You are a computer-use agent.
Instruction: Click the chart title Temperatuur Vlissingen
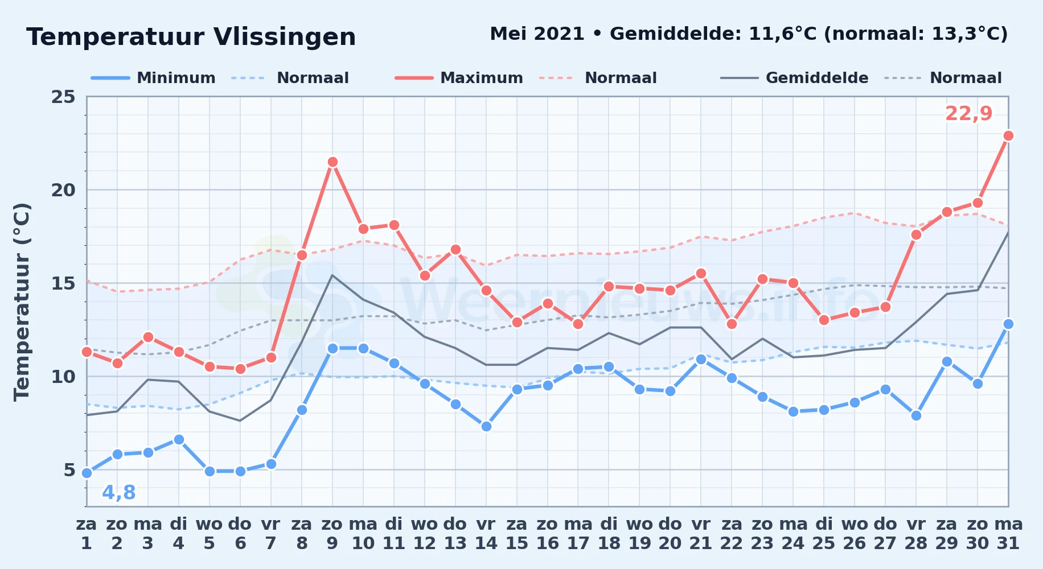pyautogui.click(x=191, y=37)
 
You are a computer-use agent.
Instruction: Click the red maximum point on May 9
pyautogui.click(x=332, y=162)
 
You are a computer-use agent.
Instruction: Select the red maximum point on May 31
pyautogui.click(x=1008, y=135)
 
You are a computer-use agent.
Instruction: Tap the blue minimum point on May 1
pyautogui.click(x=87, y=473)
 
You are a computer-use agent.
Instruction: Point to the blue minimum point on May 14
pyautogui.click(x=486, y=426)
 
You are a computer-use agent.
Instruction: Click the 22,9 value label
pyautogui.click(x=969, y=114)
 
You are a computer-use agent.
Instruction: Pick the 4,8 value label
pyautogui.click(x=119, y=493)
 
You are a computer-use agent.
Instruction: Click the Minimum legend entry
pyautogui.click(x=153, y=78)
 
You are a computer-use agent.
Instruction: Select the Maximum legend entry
pyautogui.click(x=459, y=78)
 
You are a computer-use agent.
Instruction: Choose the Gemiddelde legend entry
pyautogui.click(x=794, y=78)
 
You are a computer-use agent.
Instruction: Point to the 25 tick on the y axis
pyautogui.click(x=63, y=97)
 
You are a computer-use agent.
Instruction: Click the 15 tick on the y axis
pyautogui.click(x=63, y=283)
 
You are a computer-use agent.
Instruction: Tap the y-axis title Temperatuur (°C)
pyautogui.click(x=22, y=302)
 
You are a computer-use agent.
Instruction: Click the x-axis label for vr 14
pyautogui.click(x=486, y=534)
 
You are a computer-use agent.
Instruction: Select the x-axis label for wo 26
pyautogui.click(x=855, y=534)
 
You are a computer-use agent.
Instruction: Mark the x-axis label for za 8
pyautogui.click(x=302, y=534)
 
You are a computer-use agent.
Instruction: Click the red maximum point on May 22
pyautogui.click(x=732, y=324)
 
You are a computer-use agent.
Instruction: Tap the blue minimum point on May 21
pyautogui.click(x=701, y=359)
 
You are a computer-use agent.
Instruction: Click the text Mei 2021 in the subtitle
pyautogui.click(x=537, y=34)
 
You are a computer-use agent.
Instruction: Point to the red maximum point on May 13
pyautogui.click(x=455, y=249)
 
